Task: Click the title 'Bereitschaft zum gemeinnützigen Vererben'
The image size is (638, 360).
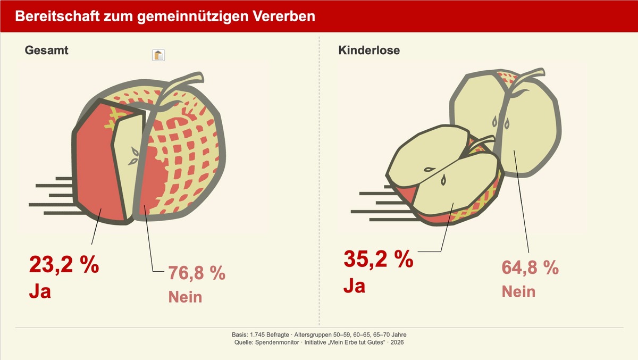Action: [x=165, y=16]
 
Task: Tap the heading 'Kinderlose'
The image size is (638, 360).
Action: [x=369, y=51]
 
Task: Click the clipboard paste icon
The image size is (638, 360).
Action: [x=158, y=55]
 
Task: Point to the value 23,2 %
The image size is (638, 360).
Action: [x=64, y=265]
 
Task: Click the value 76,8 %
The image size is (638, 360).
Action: [x=197, y=273]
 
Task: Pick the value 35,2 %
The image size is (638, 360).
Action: [x=378, y=259]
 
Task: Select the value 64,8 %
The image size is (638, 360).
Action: [x=530, y=267]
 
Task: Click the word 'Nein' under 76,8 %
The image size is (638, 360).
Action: [x=185, y=296]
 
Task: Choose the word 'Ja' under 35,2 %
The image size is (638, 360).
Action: [x=354, y=286]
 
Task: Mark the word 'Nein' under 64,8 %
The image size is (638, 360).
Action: [x=518, y=291]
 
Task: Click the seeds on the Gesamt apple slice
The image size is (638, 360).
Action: [x=135, y=155]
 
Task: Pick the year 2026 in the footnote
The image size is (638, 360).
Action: [x=397, y=343]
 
